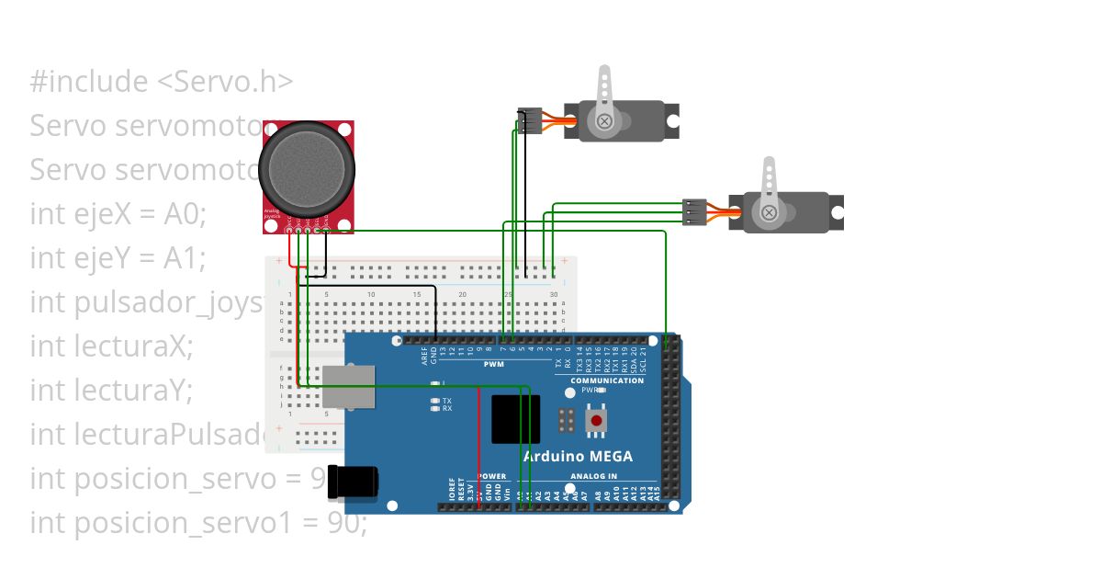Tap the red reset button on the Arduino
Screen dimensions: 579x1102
(x=597, y=421)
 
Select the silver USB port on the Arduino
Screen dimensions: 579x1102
(x=349, y=386)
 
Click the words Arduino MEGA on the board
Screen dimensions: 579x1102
(x=578, y=456)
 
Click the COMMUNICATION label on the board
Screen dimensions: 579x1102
(x=607, y=380)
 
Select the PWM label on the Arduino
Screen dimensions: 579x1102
(x=494, y=365)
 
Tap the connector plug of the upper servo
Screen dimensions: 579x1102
(x=529, y=120)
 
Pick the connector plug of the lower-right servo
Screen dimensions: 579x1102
(x=694, y=212)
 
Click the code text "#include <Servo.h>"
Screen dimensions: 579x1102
(x=162, y=82)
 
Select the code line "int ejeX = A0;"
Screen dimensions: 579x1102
(x=118, y=214)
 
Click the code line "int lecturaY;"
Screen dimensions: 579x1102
(x=111, y=391)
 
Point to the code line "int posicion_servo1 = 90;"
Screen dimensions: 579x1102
(x=198, y=523)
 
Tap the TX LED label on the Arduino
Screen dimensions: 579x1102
(x=446, y=402)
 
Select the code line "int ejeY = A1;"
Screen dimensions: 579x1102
(x=118, y=258)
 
